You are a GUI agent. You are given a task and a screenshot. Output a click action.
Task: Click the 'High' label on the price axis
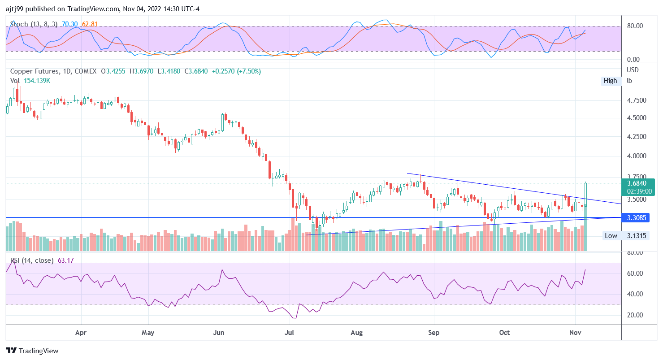pyautogui.click(x=610, y=81)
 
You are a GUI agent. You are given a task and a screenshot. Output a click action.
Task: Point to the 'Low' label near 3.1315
pyautogui.click(x=611, y=236)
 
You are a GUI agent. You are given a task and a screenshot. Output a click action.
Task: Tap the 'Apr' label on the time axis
pyautogui.click(x=81, y=333)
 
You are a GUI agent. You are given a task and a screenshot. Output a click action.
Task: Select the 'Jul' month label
pyautogui.click(x=290, y=333)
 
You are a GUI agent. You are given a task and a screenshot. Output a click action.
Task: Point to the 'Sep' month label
pyautogui.click(x=433, y=333)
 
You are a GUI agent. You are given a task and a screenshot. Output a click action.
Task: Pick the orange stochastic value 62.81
pyautogui.click(x=90, y=24)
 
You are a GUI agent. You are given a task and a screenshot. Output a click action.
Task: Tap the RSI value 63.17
pyautogui.click(x=66, y=260)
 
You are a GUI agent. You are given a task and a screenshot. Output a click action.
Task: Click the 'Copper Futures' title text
pyautogui.click(x=35, y=71)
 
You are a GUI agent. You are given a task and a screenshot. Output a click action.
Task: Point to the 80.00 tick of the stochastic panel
pyautogui.click(x=635, y=26)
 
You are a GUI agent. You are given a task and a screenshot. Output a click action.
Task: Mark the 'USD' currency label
pyautogui.click(x=633, y=70)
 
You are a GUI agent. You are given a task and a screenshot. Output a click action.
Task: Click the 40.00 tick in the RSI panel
pyautogui.click(x=635, y=294)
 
